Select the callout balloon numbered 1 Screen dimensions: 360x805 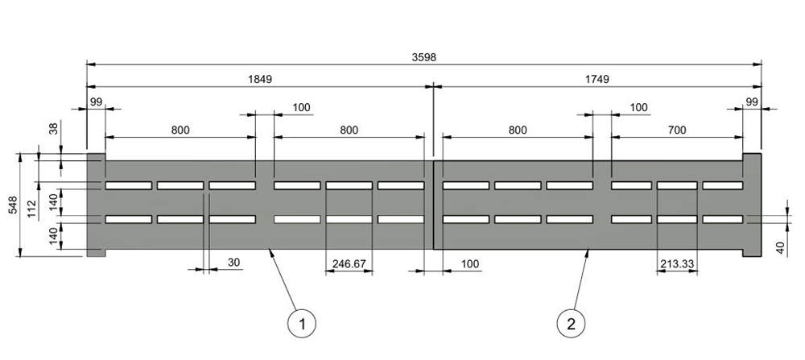[302, 324]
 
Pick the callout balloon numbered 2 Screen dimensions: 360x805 [571, 324]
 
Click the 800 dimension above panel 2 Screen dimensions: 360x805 [518, 130]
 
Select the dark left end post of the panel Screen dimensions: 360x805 [95, 205]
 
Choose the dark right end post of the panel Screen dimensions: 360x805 [752, 205]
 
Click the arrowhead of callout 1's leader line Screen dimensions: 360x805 [270, 251]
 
